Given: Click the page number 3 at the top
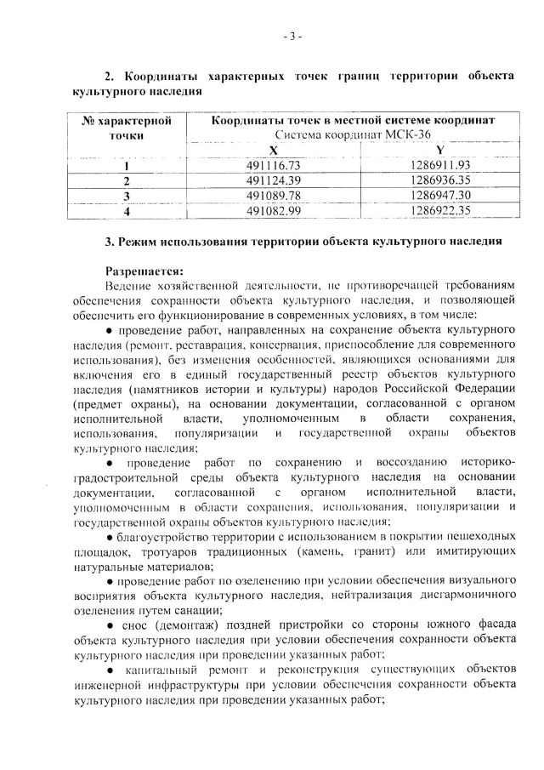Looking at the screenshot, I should click(x=293, y=37).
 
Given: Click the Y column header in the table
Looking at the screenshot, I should click(x=439, y=150).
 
